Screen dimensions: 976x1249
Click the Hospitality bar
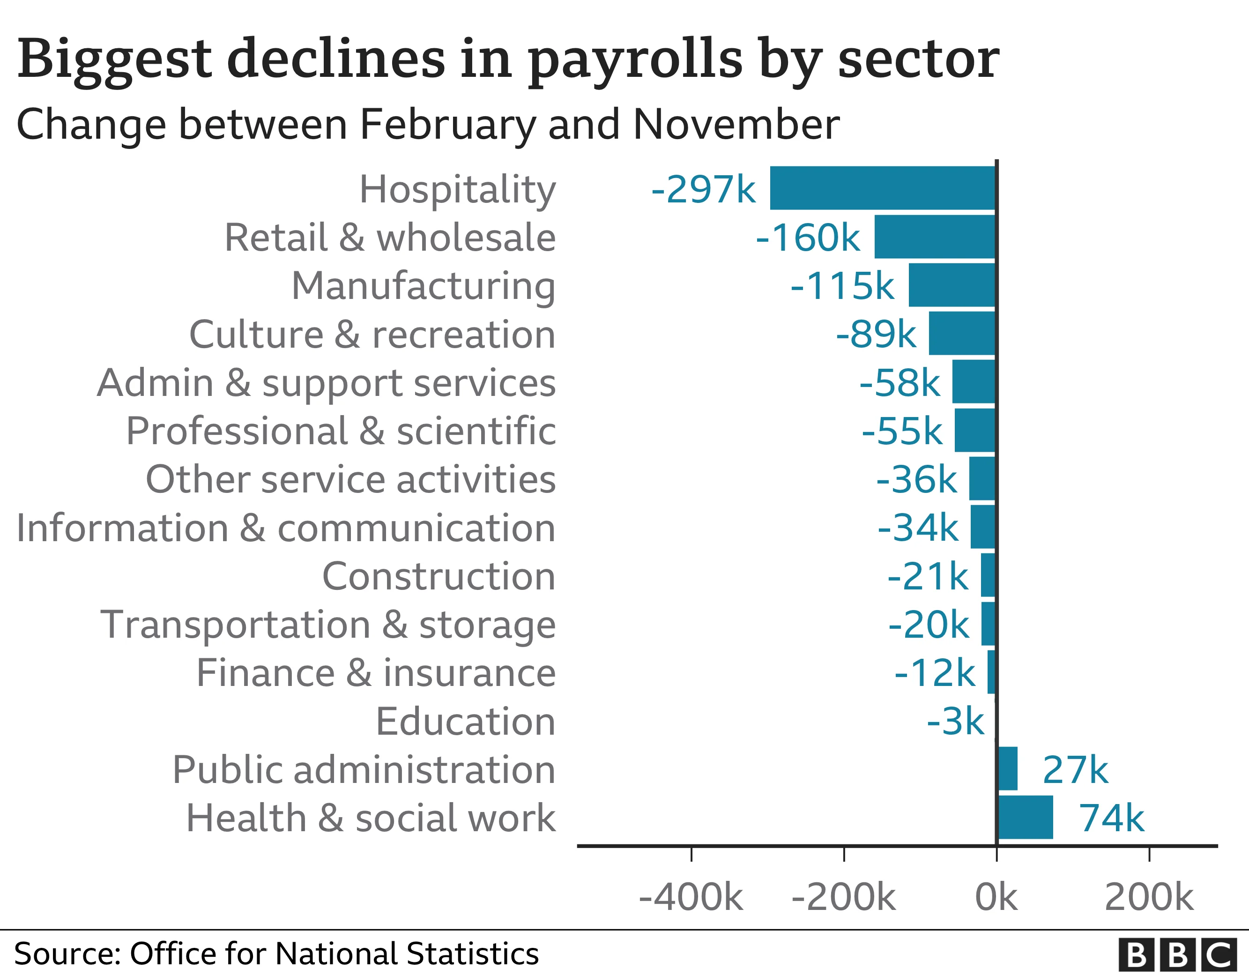883,188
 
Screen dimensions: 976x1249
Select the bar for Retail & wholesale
935,237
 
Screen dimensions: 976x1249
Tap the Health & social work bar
1026,817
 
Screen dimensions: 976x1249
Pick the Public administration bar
1008,768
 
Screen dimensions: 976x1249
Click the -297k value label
703,189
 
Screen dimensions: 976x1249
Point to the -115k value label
842,285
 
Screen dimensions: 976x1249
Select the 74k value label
1111,818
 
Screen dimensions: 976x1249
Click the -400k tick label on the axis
691,897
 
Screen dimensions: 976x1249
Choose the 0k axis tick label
996,897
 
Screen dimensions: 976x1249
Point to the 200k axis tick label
1149,897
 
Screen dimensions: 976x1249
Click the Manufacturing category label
423,285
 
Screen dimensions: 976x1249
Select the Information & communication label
286,528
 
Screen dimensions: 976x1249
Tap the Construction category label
439,576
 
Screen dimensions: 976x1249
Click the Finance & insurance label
376,673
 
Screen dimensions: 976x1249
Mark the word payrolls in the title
635,60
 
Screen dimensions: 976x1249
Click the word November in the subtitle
736,124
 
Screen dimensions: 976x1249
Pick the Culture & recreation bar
962,334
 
